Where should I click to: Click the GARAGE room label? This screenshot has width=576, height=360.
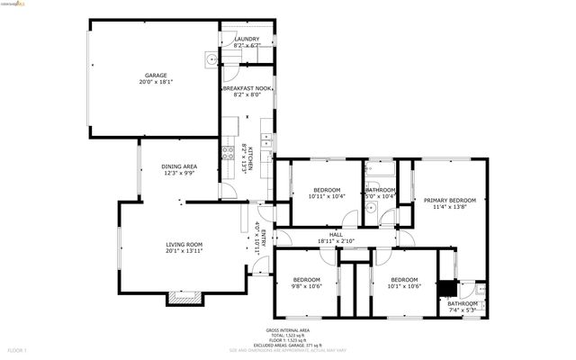tap(157, 76)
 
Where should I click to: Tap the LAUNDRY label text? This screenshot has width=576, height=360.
tap(247, 40)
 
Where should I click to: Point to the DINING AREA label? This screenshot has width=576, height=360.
tap(179, 167)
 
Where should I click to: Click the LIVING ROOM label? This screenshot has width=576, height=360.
tap(183, 245)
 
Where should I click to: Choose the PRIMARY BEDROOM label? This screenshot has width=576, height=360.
tap(449, 200)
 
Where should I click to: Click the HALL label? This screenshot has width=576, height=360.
tap(336, 235)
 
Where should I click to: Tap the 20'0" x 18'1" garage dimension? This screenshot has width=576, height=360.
tap(157, 83)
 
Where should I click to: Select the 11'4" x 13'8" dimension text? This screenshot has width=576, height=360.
tap(449, 207)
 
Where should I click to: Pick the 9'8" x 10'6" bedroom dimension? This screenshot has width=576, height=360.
tap(308, 287)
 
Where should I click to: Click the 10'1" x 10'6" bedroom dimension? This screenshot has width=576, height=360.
tap(404, 287)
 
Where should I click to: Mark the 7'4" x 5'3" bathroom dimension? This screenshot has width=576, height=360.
tap(464, 311)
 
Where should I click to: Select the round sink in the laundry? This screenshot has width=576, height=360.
tap(211, 59)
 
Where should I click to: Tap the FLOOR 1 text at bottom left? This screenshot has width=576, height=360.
tap(18, 349)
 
